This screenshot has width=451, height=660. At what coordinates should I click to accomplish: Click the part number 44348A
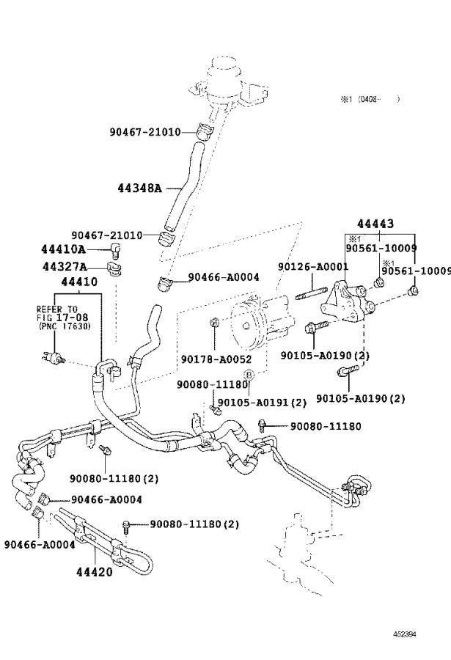(139, 188)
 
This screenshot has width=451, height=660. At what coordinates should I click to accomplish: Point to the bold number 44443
(375, 224)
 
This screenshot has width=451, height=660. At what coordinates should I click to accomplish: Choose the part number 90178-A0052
(216, 359)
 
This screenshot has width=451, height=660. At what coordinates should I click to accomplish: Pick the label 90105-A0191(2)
(262, 402)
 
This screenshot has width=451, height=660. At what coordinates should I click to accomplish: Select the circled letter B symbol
(249, 375)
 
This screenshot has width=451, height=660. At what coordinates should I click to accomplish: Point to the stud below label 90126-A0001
(311, 296)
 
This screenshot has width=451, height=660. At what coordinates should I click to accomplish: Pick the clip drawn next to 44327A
(114, 267)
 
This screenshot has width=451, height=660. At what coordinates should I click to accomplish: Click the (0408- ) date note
(370, 98)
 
